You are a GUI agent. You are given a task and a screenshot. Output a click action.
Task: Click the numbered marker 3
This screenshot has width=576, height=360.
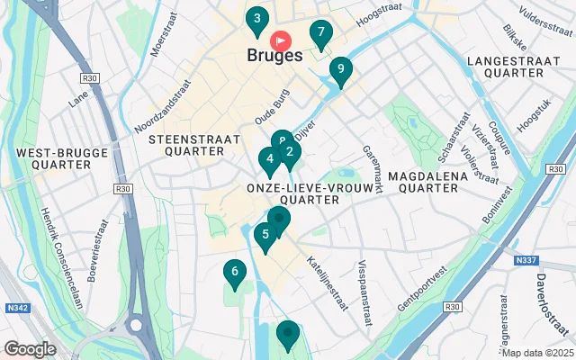[x=257, y=19]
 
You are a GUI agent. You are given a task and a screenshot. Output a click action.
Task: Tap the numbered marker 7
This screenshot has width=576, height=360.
[x=320, y=33]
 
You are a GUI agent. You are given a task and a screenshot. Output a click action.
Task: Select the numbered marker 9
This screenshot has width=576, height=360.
[x=339, y=68]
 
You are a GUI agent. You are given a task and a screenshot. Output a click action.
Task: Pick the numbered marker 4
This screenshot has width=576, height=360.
[x=268, y=161]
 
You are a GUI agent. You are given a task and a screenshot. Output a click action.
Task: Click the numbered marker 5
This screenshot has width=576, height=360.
[x=264, y=235]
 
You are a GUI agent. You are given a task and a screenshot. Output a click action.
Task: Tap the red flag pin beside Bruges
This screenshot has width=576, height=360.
[x=282, y=40]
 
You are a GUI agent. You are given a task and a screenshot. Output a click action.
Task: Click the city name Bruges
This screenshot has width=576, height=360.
[x=274, y=56]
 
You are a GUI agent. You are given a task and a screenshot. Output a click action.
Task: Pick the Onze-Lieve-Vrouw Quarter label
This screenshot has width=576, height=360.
[x=292, y=193]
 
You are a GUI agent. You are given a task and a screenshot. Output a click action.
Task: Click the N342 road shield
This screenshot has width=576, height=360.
[x=16, y=308]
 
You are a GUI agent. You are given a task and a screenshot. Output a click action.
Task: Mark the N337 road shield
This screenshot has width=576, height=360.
[x=526, y=261]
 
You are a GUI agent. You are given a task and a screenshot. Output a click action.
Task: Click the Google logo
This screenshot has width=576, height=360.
[x=30, y=348]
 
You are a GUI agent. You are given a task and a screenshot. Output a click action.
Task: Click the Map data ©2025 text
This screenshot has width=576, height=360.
[x=537, y=353]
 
